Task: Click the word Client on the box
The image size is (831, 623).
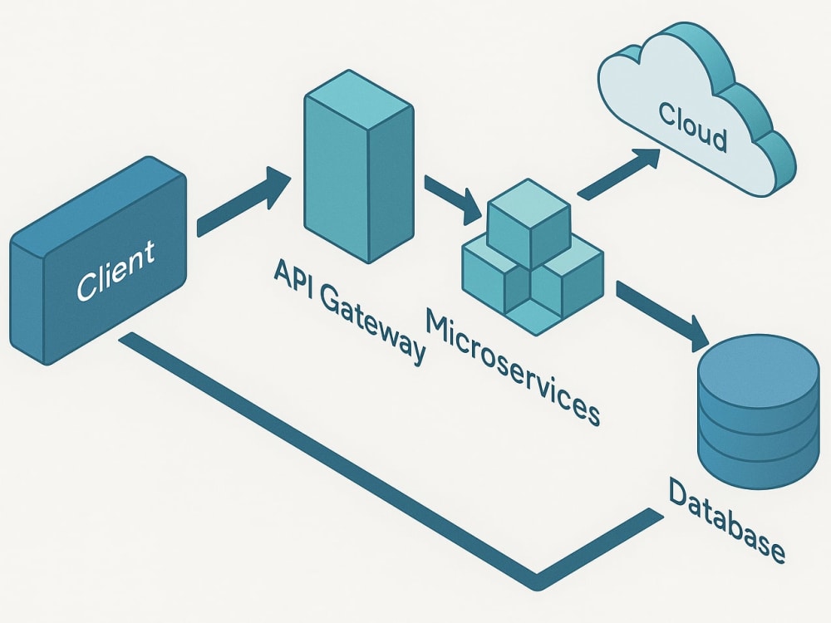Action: [x=116, y=270]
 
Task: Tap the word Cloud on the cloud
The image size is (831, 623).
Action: [x=693, y=127]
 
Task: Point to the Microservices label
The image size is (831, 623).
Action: [x=513, y=368]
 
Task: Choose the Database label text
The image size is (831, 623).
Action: [x=726, y=520]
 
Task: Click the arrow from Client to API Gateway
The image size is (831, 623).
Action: [x=243, y=201]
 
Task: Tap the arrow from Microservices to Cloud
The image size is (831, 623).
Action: [x=619, y=174]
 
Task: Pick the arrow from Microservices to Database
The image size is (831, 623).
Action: [x=663, y=316]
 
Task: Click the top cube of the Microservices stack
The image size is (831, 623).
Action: [x=529, y=223]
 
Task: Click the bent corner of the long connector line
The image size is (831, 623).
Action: [x=536, y=581]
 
